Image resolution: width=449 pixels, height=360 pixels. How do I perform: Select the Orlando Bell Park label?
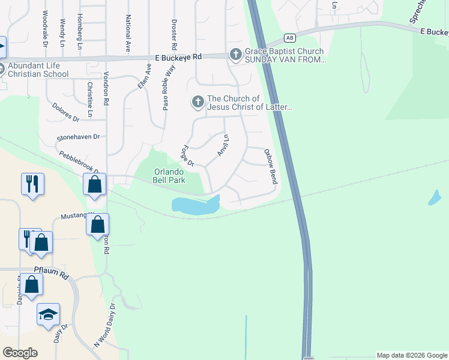pyautogui.click(x=169, y=175)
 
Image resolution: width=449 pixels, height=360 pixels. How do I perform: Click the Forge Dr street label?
pyautogui.click(x=188, y=155)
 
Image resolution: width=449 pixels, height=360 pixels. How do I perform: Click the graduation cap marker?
pyautogui.click(x=48, y=315)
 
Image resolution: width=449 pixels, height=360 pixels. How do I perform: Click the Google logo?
pyautogui.click(x=20, y=353)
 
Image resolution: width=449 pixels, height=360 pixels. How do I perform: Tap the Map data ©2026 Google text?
pyautogui.click(x=412, y=355)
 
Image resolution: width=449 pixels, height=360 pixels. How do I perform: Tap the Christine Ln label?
pyautogui.click(x=89, y=99)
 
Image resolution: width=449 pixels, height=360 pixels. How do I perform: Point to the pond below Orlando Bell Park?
pyautogui.click(x=195, y=205)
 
